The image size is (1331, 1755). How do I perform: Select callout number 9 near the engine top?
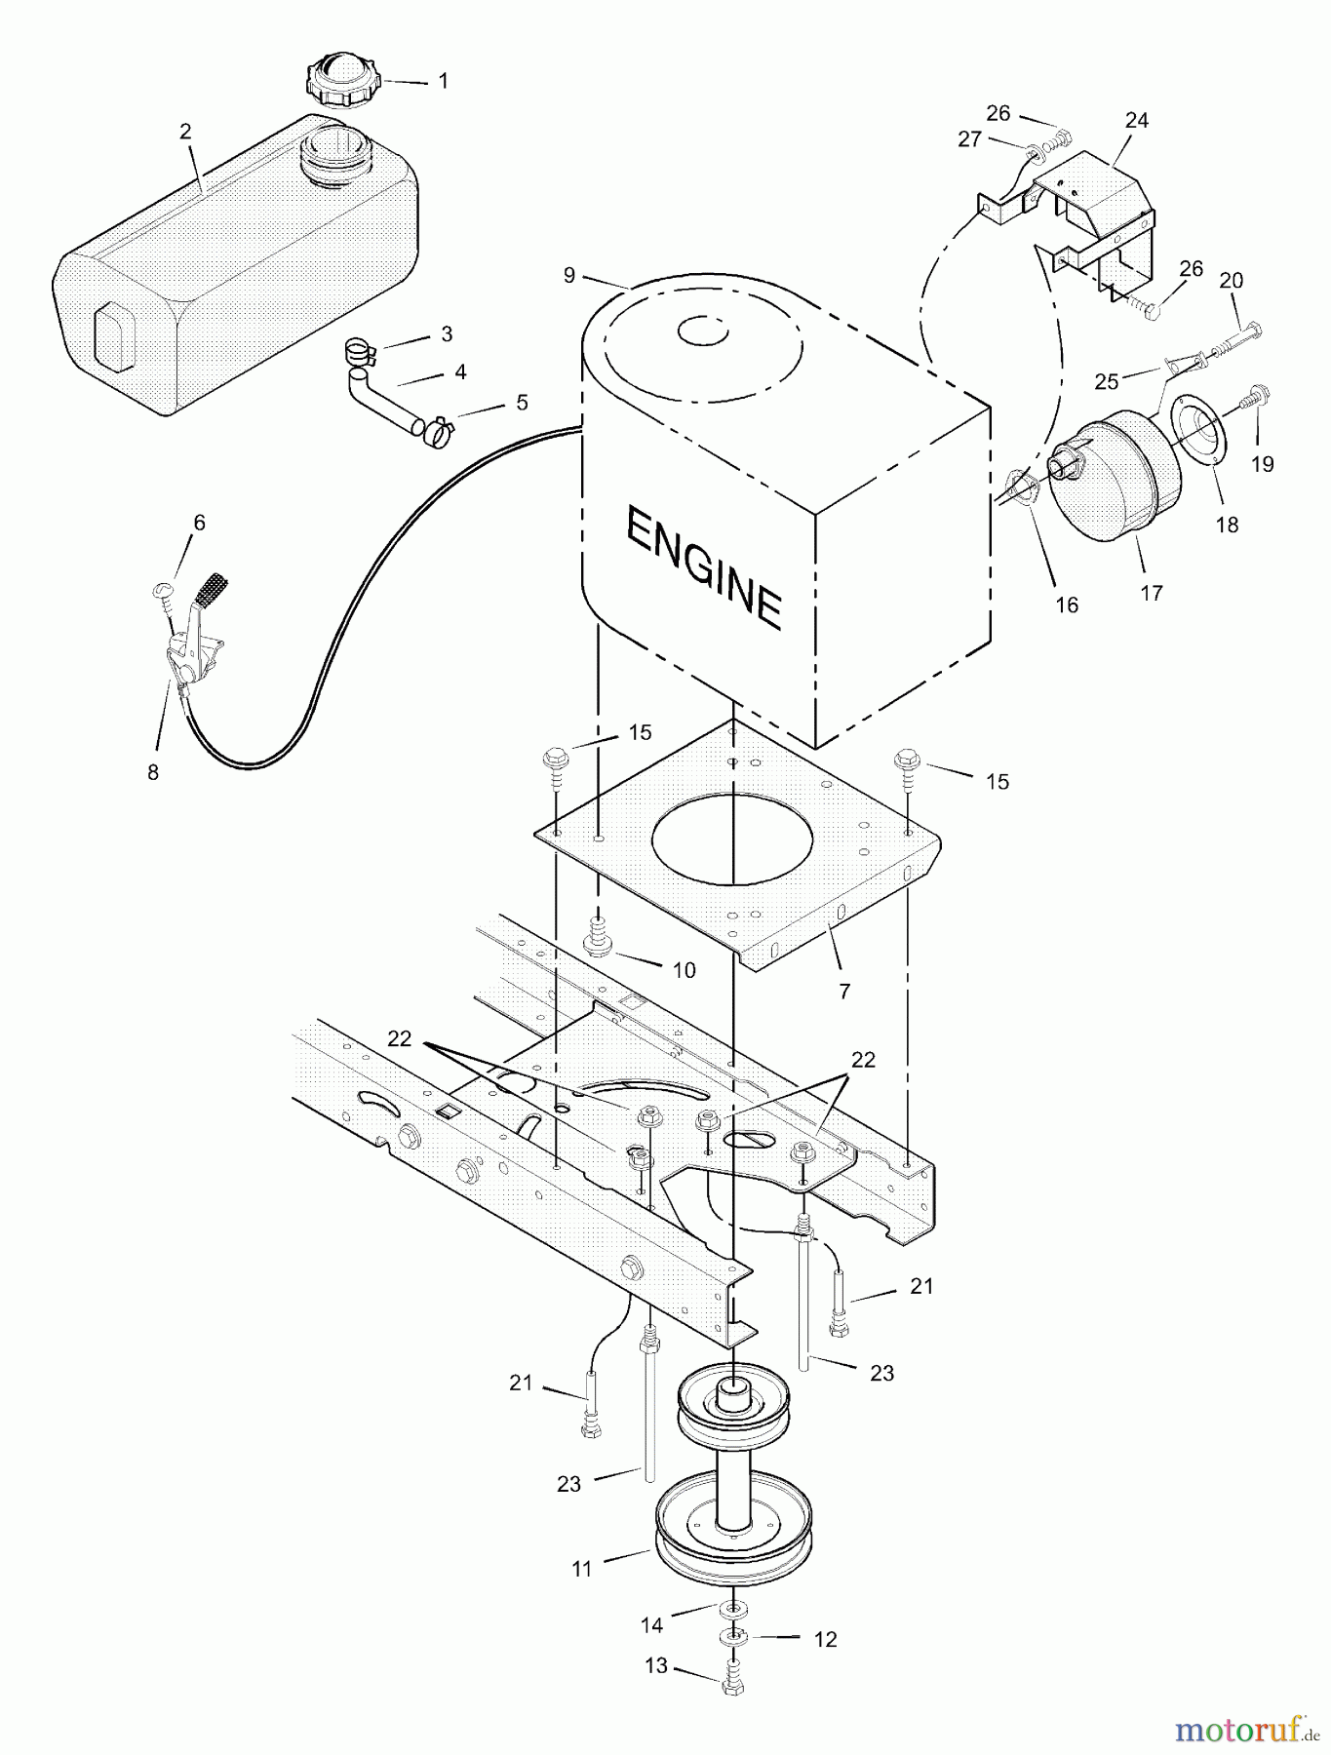569,276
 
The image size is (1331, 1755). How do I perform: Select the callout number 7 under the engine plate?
844,991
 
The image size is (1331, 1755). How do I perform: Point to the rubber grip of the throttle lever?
214,589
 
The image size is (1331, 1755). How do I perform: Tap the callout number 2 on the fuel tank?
185,132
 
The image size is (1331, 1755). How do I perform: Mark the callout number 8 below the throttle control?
153,772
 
